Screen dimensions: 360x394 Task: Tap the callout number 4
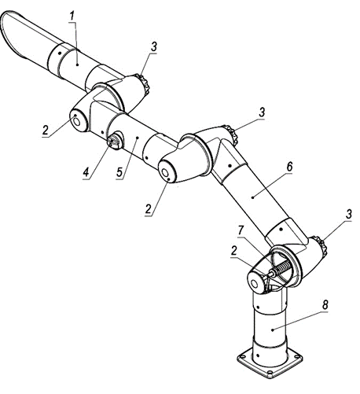click(86, 172)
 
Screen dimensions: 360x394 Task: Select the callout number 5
click(119, 172)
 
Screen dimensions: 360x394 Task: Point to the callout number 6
click(289, 167)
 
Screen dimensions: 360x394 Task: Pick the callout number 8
click(325, 304)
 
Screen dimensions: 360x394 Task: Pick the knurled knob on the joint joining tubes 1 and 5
click(144, 83)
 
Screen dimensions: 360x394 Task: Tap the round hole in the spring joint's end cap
click(255, 284)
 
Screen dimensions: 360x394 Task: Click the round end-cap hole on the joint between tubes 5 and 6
click(166, 173)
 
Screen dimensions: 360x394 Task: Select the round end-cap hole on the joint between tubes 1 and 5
click(76, 122)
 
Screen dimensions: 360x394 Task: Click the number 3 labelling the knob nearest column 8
click(348, 214)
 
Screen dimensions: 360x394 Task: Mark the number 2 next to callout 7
click(234, 251)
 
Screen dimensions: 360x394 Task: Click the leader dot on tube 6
click(252, 197)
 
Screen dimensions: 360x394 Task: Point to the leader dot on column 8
click(273, 330)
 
